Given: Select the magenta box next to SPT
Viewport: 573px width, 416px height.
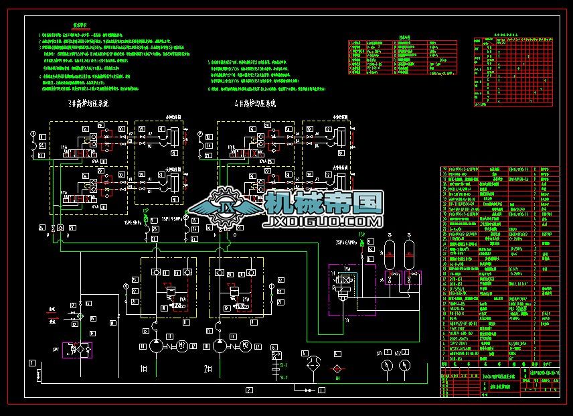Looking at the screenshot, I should (x=78, y=350).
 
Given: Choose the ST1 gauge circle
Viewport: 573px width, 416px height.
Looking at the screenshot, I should (x=385, y=365).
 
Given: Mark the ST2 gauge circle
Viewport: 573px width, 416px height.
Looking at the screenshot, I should (x=403, y=365).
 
